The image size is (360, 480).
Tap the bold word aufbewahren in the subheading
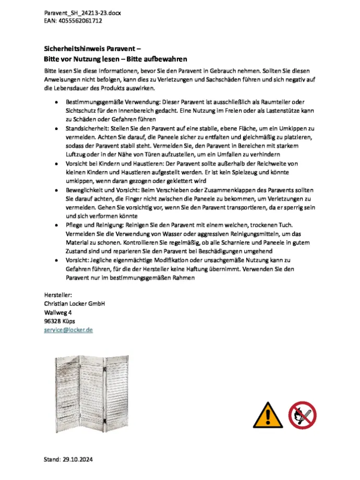(x=162, y=59)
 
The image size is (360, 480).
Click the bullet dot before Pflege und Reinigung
(x=56, y=225)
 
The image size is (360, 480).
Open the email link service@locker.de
(x=68, y=330)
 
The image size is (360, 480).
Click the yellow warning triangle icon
(x=268, y=416)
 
